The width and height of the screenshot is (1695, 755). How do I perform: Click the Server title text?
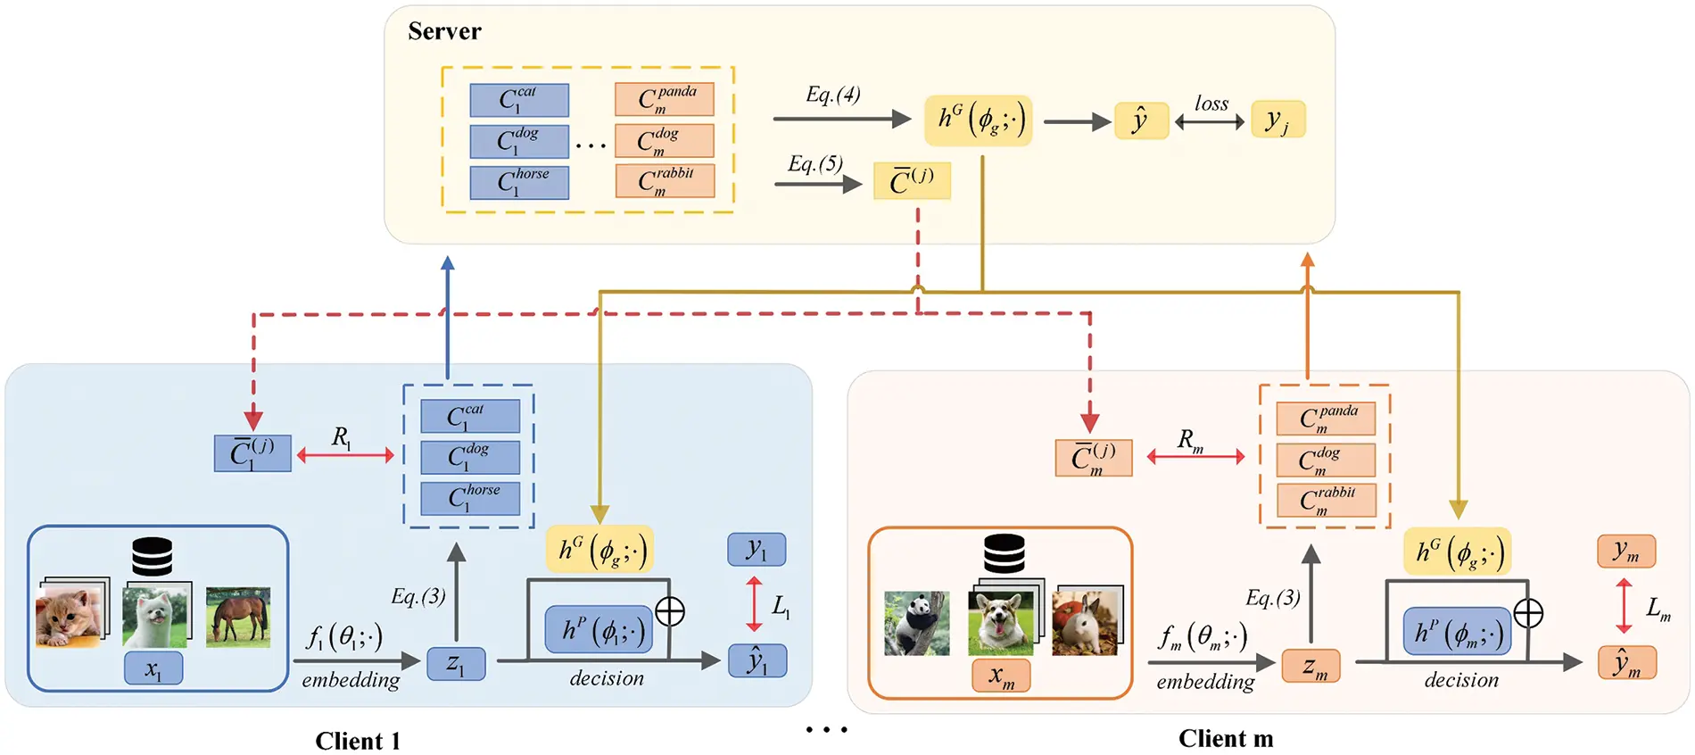tap(444, 31)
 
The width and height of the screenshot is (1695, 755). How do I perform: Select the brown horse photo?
tap(237, 616)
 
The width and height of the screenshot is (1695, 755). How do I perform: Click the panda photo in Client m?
tap(916, 623)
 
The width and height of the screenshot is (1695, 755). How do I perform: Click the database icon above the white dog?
tap(152, 557)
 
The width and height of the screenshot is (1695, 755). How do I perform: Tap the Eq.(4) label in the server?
tap(832, 95)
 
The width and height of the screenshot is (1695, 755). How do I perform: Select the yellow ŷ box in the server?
tap(1141, 120)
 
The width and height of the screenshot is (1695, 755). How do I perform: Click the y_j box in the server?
tap(1277, 120)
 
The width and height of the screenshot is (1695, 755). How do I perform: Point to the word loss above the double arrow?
tap(1211, 104)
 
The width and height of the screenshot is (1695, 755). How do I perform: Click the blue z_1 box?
tap(456, 664)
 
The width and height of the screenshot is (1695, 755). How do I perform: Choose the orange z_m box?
tap(1311, 666)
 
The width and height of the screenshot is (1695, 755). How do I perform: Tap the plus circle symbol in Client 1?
tap(670, 611)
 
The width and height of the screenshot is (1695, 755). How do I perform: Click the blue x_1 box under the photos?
tap(153, 668)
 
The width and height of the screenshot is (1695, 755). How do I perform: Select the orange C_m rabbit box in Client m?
tap(1326, 500)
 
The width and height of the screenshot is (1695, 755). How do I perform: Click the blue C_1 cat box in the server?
tap(519, 100)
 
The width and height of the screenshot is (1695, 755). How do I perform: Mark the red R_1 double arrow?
tap(345, 455)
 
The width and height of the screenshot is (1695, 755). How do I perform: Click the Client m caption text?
tap(1225, 738)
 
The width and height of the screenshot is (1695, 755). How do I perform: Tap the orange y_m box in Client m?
tap(1625, 552)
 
